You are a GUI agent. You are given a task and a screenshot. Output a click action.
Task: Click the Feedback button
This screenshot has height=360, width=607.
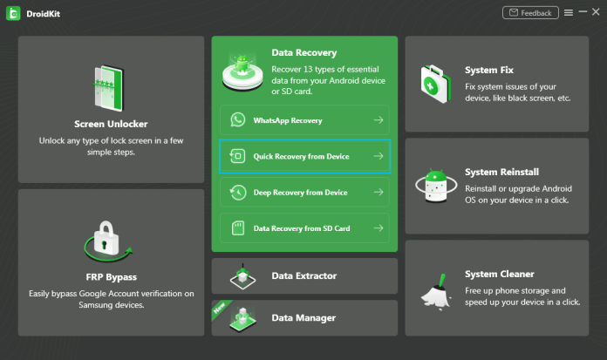coord(530,13)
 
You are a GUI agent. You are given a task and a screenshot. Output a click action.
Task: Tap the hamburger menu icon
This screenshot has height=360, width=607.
coord(569,13)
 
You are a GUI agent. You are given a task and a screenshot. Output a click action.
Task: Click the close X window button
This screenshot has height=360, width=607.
coord(596,12)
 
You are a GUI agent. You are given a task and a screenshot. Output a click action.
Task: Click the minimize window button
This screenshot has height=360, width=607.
coord(583,12)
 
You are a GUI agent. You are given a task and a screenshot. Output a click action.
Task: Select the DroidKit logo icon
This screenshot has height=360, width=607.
coord(13,14)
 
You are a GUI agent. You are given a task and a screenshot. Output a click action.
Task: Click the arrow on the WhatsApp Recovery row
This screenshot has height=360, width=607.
coord(379,120)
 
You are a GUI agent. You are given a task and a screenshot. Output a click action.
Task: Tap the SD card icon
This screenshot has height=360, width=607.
coord(238,228)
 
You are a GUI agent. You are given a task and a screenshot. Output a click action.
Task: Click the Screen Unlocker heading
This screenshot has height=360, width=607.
coord(111,124)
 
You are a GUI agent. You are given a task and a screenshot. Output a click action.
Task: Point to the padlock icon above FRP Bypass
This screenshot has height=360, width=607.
coord(106,238)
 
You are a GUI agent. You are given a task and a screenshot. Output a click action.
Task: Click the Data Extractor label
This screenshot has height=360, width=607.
coord(304,275)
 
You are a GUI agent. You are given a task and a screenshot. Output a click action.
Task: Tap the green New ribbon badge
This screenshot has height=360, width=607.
coord(220,308)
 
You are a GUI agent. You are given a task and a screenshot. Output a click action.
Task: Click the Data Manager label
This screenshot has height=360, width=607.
coord(303,318)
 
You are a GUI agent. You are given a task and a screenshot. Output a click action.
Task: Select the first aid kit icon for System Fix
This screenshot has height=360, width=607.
coord(436,84)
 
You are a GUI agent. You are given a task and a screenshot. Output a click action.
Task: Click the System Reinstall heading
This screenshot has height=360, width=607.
coord(501,172)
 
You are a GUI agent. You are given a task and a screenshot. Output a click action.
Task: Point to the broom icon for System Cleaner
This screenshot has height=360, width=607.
coord(437,292)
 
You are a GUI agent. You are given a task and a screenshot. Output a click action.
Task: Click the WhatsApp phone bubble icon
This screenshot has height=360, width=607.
coord(238,120)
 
